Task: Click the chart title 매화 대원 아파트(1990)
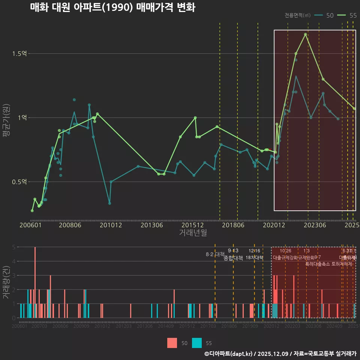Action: (112, 7)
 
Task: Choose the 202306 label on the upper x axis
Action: (314, 225)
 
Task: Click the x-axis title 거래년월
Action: (193, 232)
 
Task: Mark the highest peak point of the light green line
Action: (306, 34)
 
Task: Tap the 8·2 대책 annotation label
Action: (215, 254)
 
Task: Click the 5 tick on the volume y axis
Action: (13, 247)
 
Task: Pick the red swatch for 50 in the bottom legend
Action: (172, 343)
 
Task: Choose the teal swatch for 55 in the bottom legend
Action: (197, 343)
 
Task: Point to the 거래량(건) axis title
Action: (6, 282)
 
